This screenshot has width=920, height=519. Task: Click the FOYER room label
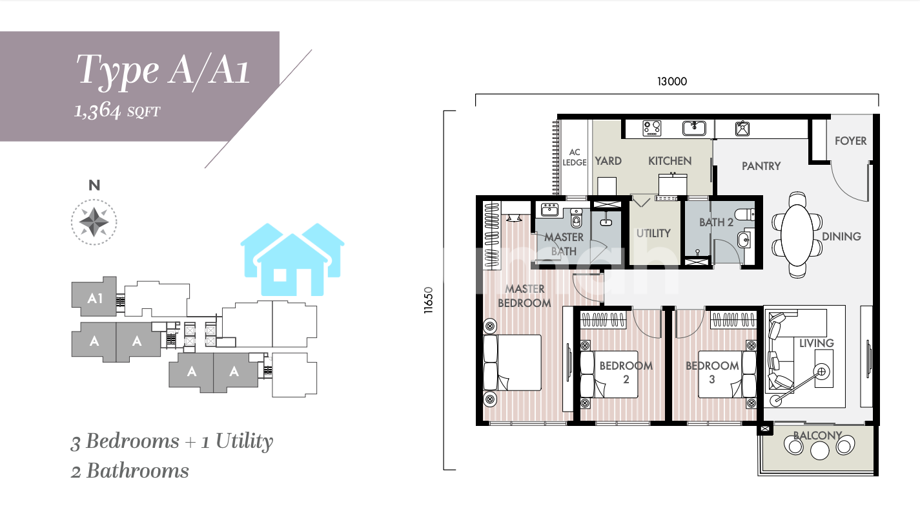pyautogui.click(x=850, y=141)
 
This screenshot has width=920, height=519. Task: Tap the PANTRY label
pyautogui.click(x=761, y=166)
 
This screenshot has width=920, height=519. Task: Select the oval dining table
pyautogui.click(x=797, y=235)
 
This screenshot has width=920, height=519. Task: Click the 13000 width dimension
pyautogui.click(x=672, y=81)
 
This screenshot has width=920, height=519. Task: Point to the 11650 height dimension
pyautogui.click(x=429, y=300)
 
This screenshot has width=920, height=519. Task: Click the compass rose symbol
pyautogui.click(x=94, y=222)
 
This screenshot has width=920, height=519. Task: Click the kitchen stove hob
pyautogui.click(x=652, y=128)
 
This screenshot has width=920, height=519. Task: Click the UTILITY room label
pyautogui.click(x=653, y=233)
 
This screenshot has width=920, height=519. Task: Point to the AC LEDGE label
pyautogui.click(x=574, y=158)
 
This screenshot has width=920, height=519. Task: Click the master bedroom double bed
pyautogui.click(x=512, y=363)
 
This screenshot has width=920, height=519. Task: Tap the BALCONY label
pyautogui.click(x=817, y=435)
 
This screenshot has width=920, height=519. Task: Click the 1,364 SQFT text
pyautogui.click(x=117, y=111)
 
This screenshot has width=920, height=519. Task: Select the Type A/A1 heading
pyautogui.click(x=163, y=70)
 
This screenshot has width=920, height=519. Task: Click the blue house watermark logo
pyautogui.click(x=292, y=260)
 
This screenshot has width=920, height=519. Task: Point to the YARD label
pyautogui.click(x=608, y=161)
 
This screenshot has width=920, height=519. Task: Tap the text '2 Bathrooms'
pyautogui.click(x=130, y=471)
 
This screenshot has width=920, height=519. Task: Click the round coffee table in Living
pyautogui.click(x=822, y=372)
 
